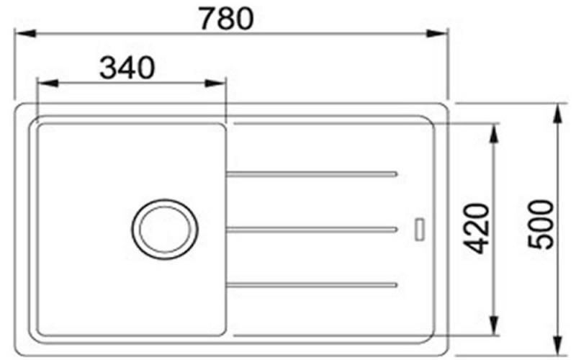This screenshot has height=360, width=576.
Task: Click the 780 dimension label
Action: (226, 19)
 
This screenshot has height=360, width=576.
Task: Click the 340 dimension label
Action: (127, 68)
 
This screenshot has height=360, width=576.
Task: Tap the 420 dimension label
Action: (477, 228)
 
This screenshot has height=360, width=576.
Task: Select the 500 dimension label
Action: (540, 225)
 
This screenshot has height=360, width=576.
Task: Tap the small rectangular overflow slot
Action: (420, 230)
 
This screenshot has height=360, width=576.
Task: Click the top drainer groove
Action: (312, 174)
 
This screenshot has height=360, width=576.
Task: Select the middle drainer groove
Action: (312, 230)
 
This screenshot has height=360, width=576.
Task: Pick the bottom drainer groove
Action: (312, 285)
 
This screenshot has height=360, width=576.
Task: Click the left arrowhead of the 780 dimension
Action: (25, 33)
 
